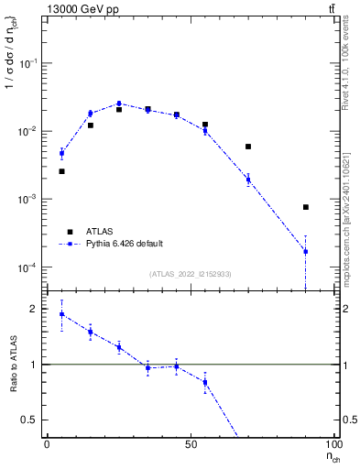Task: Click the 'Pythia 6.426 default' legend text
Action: pyautogui.click(x=124, y=244)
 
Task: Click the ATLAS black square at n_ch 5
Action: pyautogui.click(x=61, y=171)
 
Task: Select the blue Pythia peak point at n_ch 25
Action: pyautogui.click(x=119, y=104)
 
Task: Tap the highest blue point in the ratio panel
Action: pyautogui.click(x=61, y=314)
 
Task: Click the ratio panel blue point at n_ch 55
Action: pyautogui.click(x=205, y=382)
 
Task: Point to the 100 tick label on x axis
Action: pyautogui.click(x=333, y=444)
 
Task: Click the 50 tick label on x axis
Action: pyautogui.click(x=191, y=444)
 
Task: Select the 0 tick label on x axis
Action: pyautogui.click(x=47, y=444)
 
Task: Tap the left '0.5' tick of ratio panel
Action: pyautogui.click(x=29, y=420)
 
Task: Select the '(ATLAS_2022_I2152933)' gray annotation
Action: pyautogui.click(x=191, y=274)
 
